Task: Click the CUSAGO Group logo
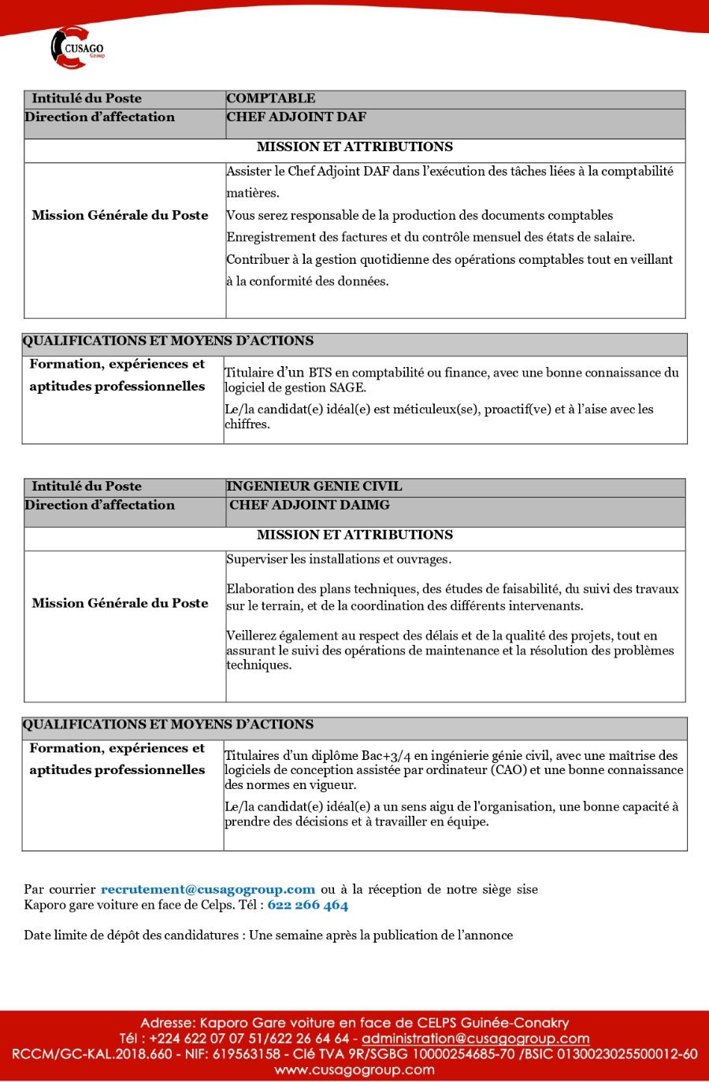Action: tap(77, 47)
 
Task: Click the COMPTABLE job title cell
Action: tap(270, 98)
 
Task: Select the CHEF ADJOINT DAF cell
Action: tap(296, 117)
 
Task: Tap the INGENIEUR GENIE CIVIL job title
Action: tap(314, 487)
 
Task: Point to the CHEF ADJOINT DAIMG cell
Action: tap(309, 506)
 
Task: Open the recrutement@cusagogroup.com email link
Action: tap(208, 890)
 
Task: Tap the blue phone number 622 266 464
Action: tap(307, 905)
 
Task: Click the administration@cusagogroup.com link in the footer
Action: tap(475, 1039)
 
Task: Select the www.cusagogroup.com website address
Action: tap(354, 1070)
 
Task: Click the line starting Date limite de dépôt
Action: tap(268, 936)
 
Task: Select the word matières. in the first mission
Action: tap(252, 193)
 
